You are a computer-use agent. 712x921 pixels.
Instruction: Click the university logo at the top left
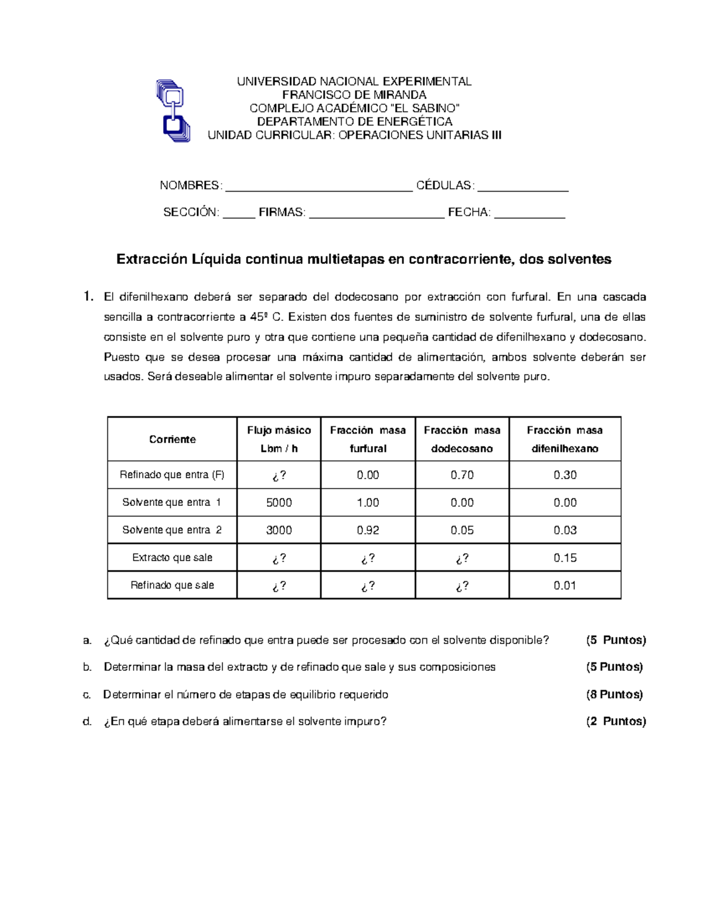point(173,110)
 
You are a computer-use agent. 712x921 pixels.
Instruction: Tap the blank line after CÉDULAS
point(523,189)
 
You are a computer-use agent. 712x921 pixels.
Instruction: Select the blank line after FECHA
point(529,215)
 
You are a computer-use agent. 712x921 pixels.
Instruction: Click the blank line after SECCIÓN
point(239,215)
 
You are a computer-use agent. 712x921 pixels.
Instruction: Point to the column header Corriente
point(172,439)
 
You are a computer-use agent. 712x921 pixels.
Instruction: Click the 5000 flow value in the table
point(279,503)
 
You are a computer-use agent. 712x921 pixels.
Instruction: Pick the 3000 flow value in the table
point(279,530)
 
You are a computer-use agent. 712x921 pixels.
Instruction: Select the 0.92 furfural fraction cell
point(368,530)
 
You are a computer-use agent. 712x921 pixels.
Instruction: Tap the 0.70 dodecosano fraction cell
point(462,475)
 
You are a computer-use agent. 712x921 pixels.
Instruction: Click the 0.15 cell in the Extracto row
point(565,558)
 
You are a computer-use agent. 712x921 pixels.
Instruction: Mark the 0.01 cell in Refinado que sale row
point(565,585)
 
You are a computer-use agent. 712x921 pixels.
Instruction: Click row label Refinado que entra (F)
point(172,475)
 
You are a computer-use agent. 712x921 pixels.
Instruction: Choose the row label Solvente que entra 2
point(172,530)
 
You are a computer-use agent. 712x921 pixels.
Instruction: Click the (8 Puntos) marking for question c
point(614,694)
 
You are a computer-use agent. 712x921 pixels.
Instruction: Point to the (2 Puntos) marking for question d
point(616,722)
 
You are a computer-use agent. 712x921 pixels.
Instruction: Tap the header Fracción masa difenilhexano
point(565,439)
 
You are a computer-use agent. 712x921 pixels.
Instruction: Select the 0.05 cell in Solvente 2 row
point(462,530)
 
